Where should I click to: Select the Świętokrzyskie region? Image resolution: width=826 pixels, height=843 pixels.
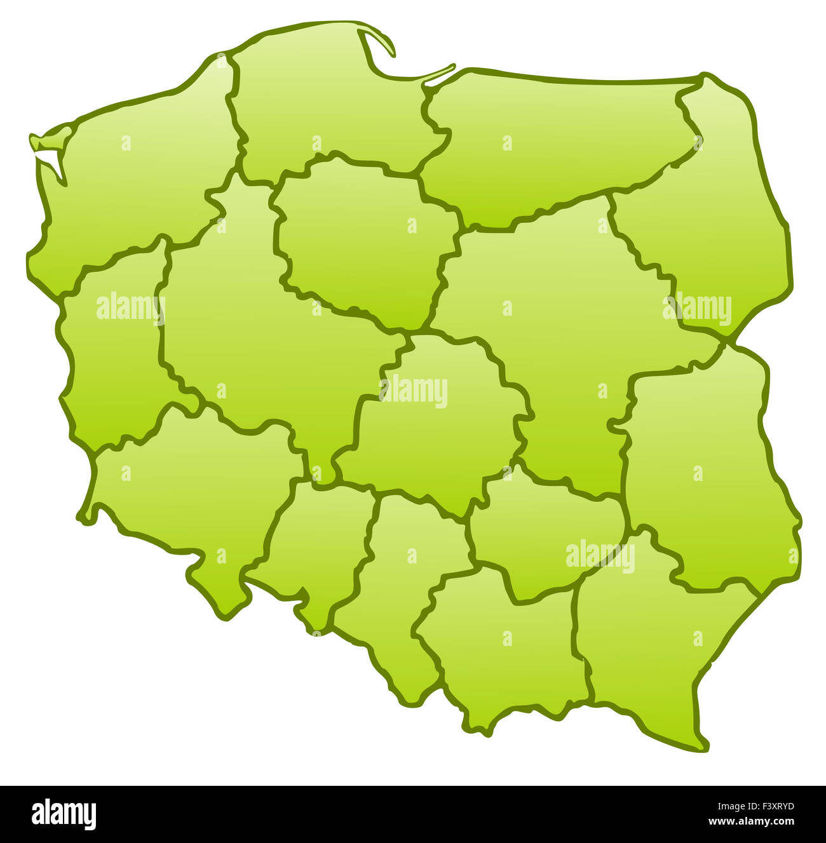pos(540,534)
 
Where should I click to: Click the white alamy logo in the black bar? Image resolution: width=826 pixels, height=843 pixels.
pos(64,814)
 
